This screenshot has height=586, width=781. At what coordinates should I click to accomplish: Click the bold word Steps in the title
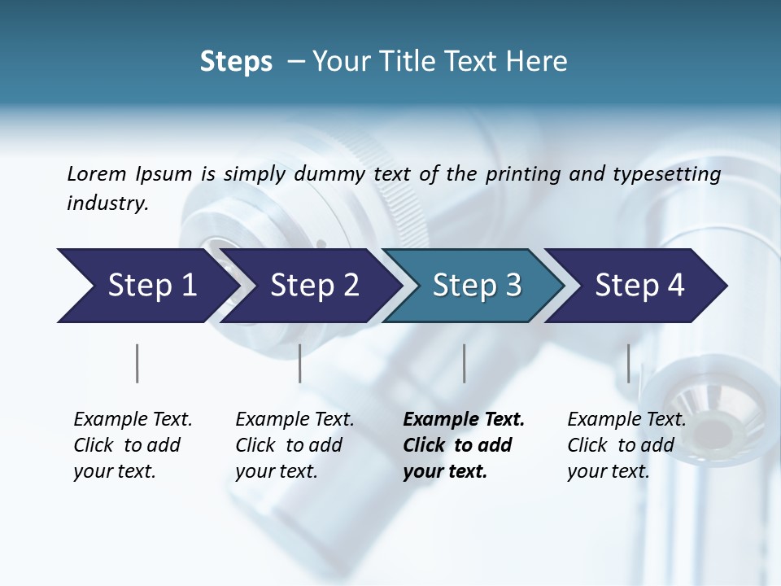point(236,62)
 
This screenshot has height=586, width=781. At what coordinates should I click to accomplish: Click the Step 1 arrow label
point(152,285)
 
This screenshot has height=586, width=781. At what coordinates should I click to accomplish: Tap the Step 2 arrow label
point(314,285)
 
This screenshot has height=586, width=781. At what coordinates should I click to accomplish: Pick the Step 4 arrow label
point(639,285)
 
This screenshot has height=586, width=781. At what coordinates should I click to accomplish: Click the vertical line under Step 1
point(137,363)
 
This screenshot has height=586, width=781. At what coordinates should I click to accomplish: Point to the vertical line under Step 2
point(300,363)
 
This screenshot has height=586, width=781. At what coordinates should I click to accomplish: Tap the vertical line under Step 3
point(465,363)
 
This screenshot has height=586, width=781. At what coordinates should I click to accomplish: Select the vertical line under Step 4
point(628,363)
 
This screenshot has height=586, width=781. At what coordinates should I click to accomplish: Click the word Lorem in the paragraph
point(97,173)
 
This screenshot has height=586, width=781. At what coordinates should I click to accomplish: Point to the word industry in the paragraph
point(107,203)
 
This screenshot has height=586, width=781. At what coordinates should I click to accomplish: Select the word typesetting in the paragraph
point(673,173)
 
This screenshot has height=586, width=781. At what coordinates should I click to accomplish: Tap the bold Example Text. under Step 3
point(464,419)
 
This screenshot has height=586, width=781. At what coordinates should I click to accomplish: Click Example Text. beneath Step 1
point(133,419)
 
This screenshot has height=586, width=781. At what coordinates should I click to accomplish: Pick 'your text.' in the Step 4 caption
point(608,471)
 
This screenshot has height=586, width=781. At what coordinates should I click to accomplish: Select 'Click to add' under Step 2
point(289,445)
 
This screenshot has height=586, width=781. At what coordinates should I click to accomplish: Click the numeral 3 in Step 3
point(513,285)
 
